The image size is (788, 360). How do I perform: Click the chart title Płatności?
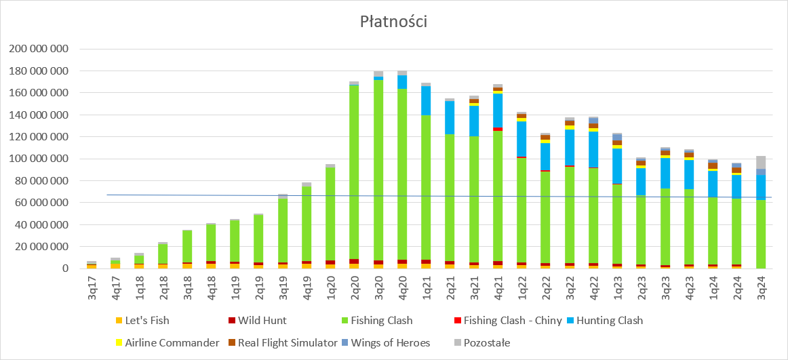click(393, 22)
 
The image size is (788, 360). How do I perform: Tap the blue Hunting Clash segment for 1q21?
click(426, 100)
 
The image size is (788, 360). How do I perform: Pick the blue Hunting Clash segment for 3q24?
click(761, 187)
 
